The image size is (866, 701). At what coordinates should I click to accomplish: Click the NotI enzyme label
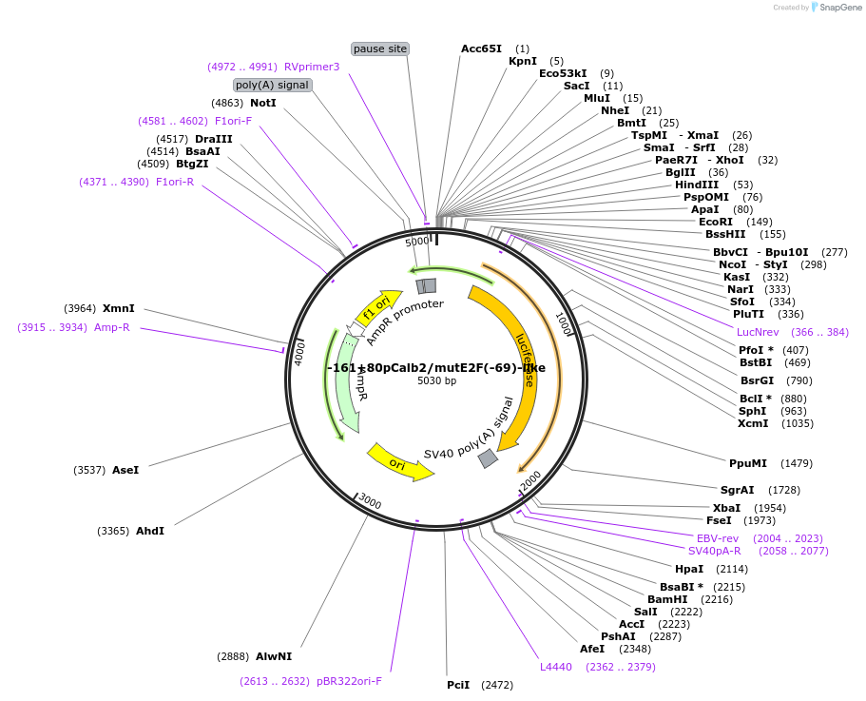(x=263, y=103)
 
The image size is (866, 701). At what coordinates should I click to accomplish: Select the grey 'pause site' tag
(x=380, y=49)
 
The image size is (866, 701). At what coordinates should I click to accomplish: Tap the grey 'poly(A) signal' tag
(x=272, y=85)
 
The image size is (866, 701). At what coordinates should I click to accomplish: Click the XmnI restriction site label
(x=119, y=308)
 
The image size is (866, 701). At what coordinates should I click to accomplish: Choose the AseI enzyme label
(x=125, y=470)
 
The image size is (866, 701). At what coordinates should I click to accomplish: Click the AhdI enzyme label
(x=150, y=531)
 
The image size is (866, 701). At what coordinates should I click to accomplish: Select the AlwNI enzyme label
(x=274, y=656)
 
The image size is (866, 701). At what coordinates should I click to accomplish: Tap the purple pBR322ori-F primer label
(x=349, y=681)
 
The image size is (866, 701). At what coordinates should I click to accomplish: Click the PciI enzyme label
(x=458, y=685)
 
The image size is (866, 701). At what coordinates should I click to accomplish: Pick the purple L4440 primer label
(x=556, y=667)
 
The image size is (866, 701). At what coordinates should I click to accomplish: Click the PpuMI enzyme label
(x=747, y=464)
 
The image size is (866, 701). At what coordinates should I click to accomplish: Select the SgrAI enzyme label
(x=737, y=490)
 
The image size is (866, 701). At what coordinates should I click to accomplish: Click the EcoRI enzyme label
(x=716, y=222)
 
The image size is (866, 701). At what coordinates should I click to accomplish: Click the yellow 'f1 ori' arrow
(x=376, y=308)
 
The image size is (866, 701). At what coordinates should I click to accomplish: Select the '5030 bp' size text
(x=436, y=381)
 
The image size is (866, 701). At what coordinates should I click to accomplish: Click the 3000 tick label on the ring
(x=370, y=502)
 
